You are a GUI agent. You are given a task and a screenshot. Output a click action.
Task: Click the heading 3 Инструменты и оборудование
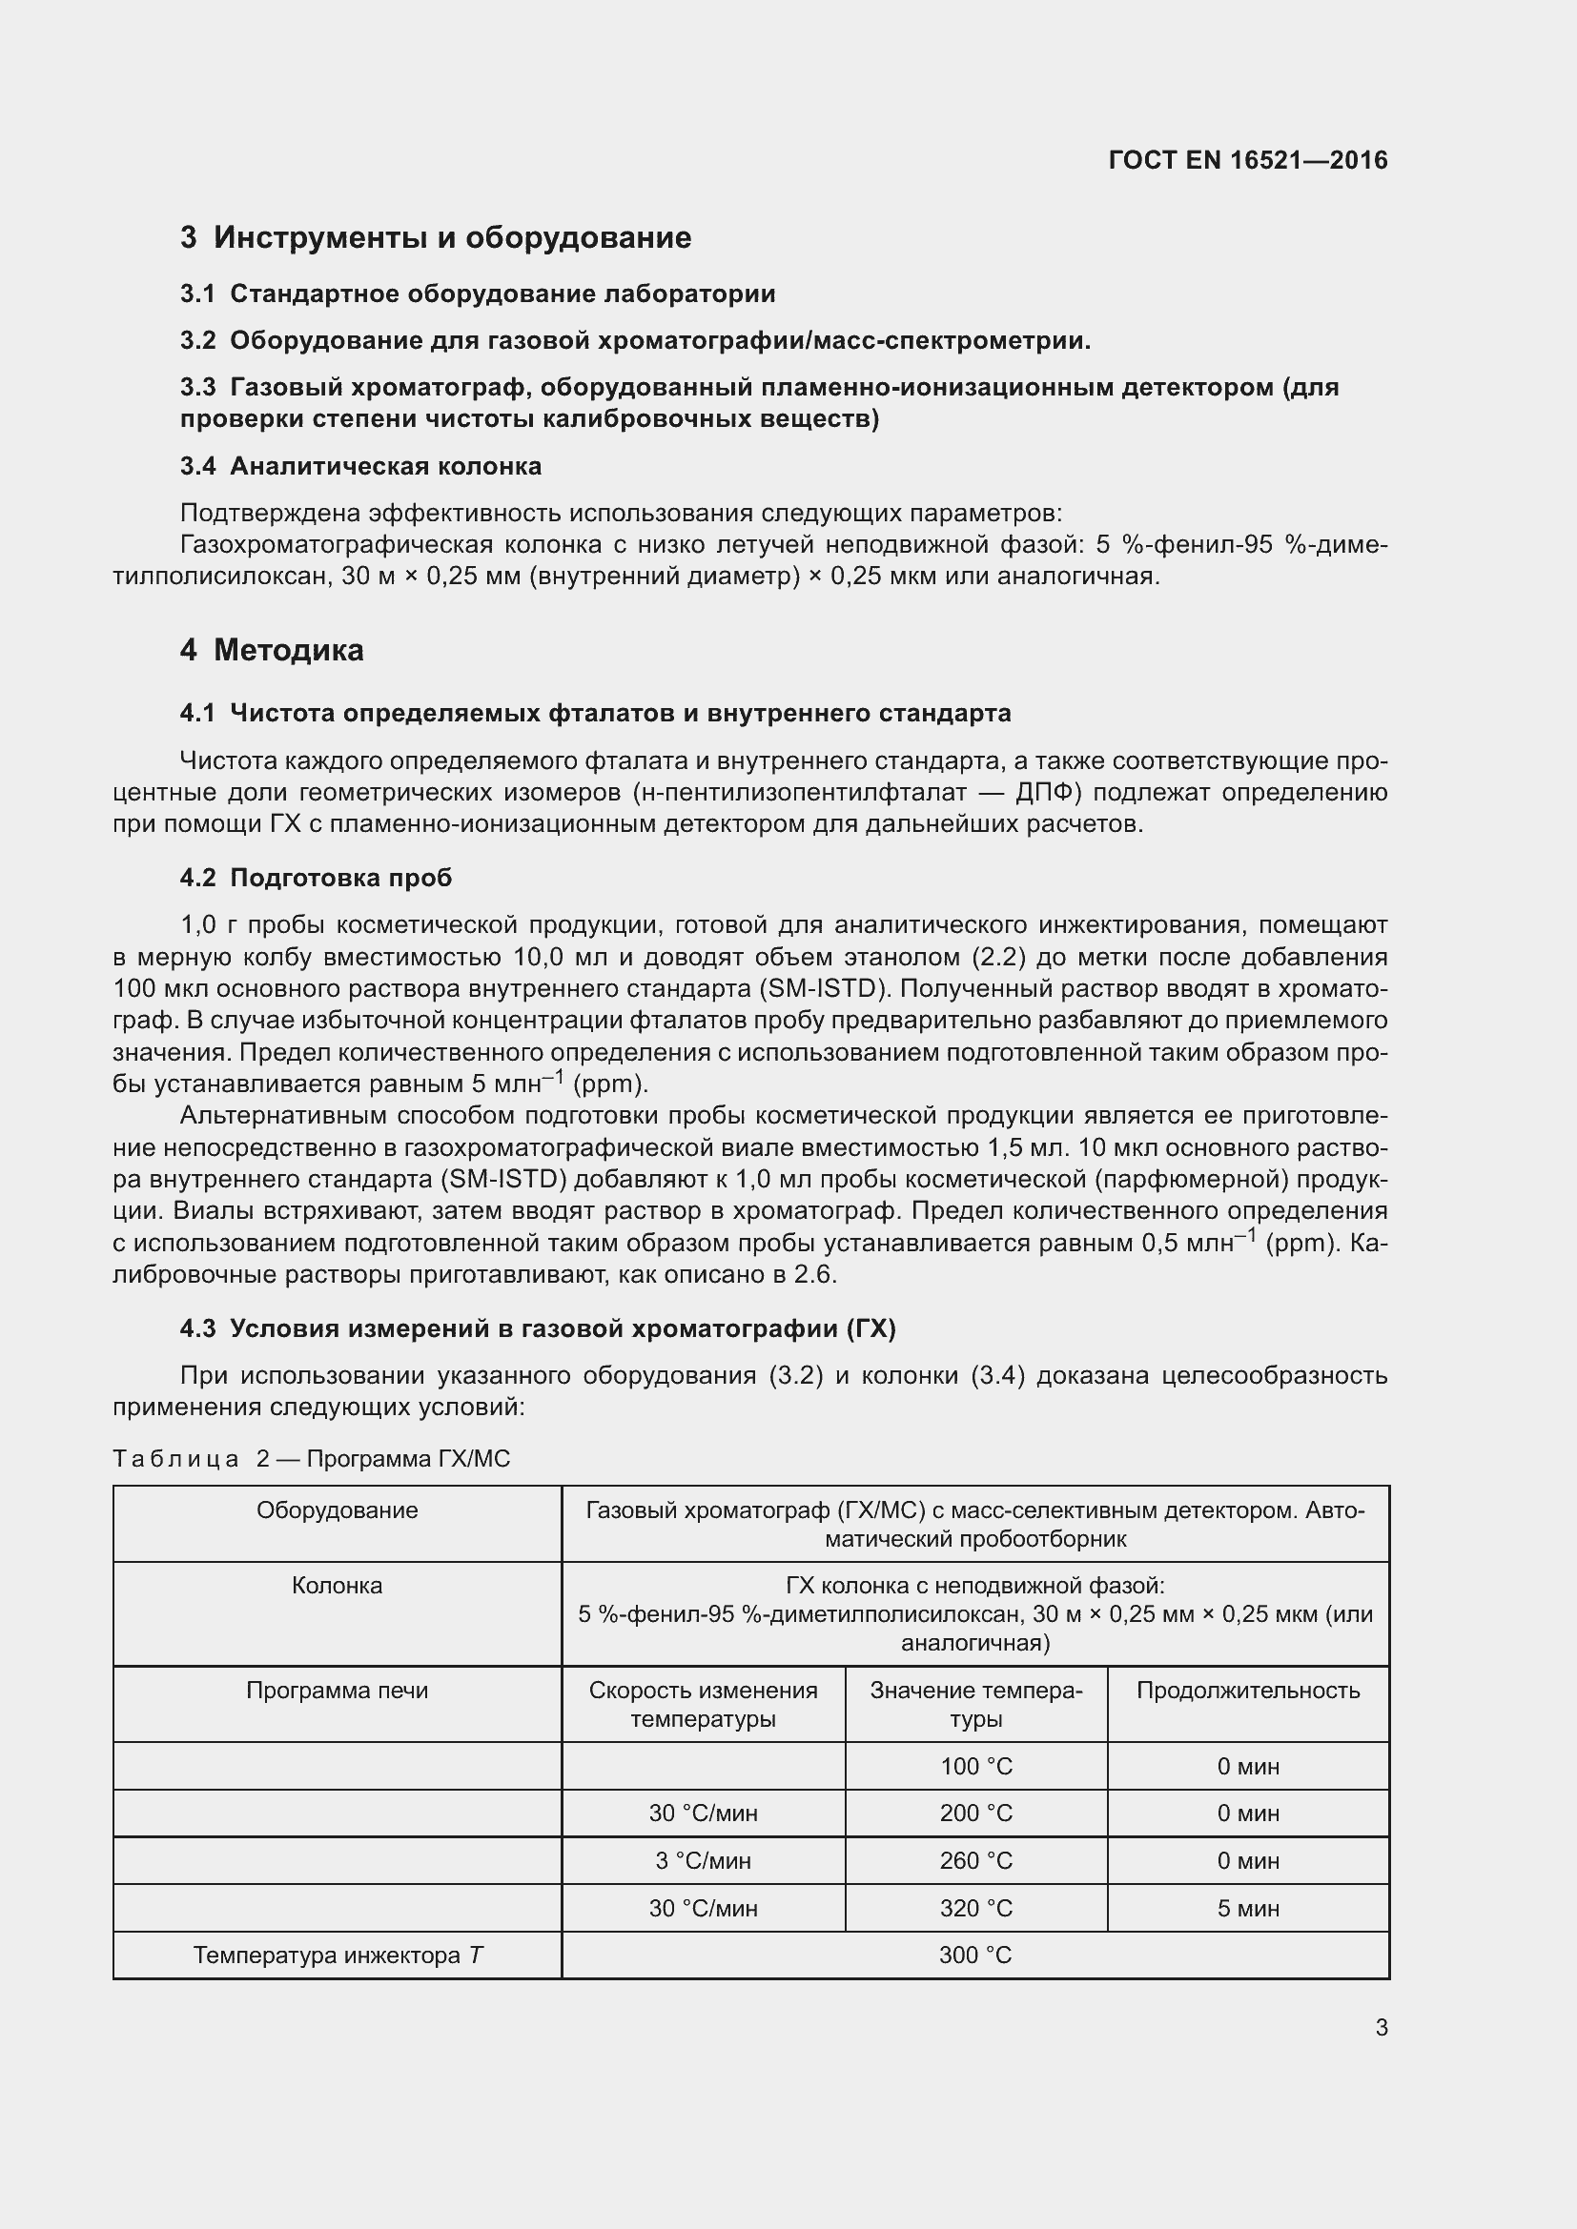coord(435,238)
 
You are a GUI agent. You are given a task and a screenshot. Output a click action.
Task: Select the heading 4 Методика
coord(272,650)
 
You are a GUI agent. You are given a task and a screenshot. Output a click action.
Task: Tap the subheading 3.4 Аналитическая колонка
coord(360,466)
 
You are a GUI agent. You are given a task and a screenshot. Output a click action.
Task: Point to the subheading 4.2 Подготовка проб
coord(316,878)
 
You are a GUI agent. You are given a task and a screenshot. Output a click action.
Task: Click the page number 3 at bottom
coord(1381,2027)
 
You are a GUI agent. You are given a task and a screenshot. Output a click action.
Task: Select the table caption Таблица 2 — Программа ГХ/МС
coord(311,1459)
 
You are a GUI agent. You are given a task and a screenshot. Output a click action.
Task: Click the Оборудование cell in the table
coord(337,1510)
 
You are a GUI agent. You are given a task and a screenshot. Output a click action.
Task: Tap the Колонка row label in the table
coord(337,1586)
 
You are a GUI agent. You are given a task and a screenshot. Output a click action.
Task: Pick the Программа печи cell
coord(337,1691)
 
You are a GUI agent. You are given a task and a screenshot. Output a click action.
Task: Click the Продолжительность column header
coord(1248,1691)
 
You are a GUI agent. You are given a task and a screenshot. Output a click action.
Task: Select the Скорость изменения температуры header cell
coord(703,1705)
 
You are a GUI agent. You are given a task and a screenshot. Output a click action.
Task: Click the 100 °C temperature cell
coord(976,1767)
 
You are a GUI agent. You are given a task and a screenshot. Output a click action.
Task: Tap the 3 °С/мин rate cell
coord(703,1861)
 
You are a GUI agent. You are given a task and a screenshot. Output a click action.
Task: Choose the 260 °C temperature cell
coord(976,1861)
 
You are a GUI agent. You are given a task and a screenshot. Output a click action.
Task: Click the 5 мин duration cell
coord(1248,1909)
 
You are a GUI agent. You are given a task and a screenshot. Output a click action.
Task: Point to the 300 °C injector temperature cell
coord(975,1955)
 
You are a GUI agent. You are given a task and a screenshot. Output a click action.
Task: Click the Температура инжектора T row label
coord(337,1955)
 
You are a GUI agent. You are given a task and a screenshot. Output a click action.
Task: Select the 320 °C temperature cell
coord(976,1909)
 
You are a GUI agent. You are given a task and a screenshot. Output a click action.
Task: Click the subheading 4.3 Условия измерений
coord(537,1329)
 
